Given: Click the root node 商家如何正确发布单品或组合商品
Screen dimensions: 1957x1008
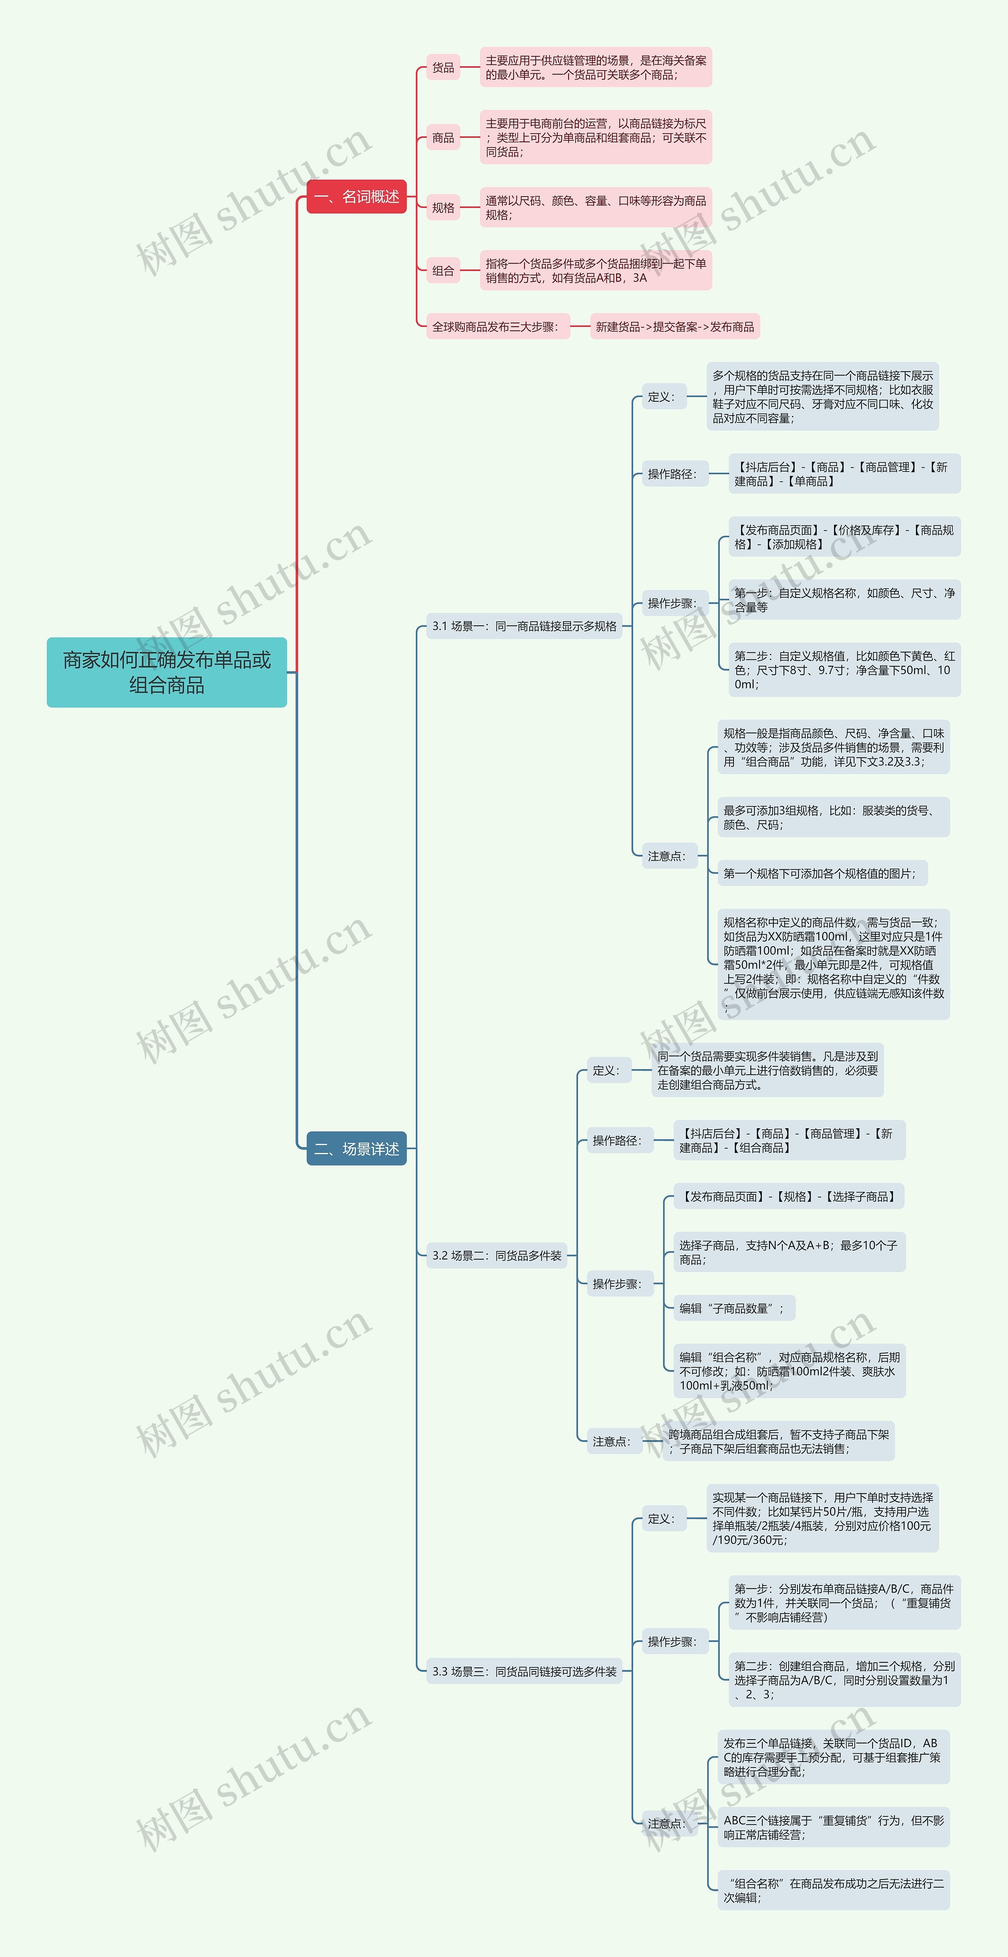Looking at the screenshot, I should click(166, 672).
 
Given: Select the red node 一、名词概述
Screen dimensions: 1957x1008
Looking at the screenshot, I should click(356, 197).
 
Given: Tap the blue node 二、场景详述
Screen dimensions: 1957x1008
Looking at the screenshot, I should click(356, 1149).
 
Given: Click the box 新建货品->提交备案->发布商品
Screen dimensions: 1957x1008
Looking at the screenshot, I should click(674, 327).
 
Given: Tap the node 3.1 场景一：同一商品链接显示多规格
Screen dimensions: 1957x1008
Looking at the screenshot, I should click(524, 626).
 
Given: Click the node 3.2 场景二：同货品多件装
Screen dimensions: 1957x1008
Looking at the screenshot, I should click(497, 1256).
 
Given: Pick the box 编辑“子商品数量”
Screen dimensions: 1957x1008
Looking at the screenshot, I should click(734, 1308).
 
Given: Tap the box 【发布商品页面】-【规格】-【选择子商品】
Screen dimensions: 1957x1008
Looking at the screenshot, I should click(788, 1197).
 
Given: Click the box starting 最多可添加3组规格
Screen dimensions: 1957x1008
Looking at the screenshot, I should click(832, 817).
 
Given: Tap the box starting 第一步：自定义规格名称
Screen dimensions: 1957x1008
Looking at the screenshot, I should click(844, 600).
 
